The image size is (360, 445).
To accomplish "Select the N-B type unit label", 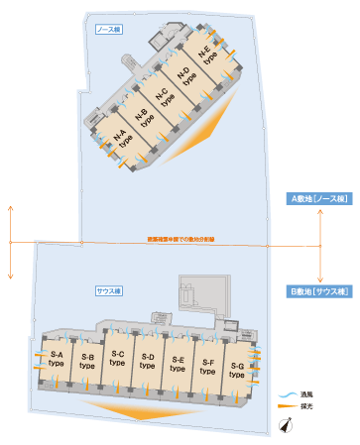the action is (x=145, y=118).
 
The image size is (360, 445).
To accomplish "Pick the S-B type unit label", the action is (x=86, y=360).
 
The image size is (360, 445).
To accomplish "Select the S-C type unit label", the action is (x=117, y=359).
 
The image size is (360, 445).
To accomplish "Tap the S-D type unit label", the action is (x=147, y=360).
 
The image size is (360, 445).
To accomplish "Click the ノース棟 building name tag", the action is (x=107, y=31).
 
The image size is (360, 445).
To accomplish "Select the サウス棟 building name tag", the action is (x=108, y=290).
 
